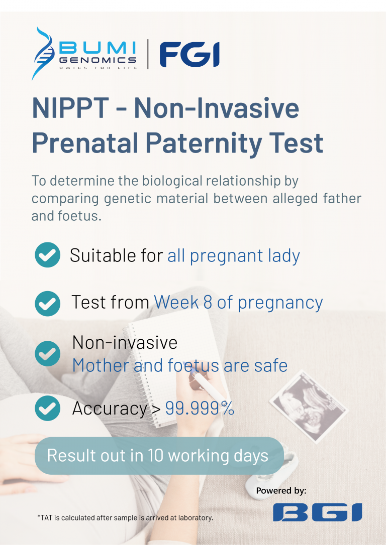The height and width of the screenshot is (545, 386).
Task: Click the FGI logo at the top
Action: point(189,55)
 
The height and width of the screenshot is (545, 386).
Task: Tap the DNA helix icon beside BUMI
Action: point(43,54)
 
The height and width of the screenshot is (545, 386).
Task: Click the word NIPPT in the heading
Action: point(71,108)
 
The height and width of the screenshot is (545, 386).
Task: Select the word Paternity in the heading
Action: point(203,143)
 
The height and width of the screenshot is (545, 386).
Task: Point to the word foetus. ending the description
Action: point(80,216)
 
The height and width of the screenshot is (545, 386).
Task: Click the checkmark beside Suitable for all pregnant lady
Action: point(48,255)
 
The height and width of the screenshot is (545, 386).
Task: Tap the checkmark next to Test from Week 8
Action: point(48,303)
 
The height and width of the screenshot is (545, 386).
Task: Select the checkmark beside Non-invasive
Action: point(48,353)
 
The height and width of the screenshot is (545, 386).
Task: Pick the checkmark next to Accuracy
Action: point(48,408)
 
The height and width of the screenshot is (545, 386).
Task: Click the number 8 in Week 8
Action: point(208,303)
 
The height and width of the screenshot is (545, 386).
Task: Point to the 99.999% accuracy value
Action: point(200,408)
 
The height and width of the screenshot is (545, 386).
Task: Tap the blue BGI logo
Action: point(318,512)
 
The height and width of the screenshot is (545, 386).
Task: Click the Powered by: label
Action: point(281,490)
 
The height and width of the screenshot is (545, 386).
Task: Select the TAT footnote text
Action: point(125,517)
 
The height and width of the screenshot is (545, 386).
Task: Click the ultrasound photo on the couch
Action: point(309,407)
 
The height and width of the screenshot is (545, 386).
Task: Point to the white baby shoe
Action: point(271,476)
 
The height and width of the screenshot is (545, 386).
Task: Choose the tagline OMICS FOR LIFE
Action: point(98,68)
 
